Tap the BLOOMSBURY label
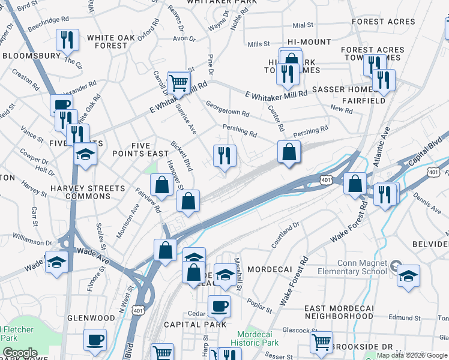pyautogui.click(x=32, y=55)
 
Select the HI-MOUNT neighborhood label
pyautogui.click(x=309, y=42)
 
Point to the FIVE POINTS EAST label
pyautogui.click(x=141, y=149)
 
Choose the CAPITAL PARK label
pyautogui.click(x=196, y=324)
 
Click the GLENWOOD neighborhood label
pyautogui.click(x=91, y=317)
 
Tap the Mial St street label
pyautogui.click(x=303, y=25)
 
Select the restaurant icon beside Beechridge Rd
pyautogui.click(x=67, y=40)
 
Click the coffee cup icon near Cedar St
pyautogui.click(x=219, y=306)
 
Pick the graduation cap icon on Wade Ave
pyautogui.click(x=56, y=263)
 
